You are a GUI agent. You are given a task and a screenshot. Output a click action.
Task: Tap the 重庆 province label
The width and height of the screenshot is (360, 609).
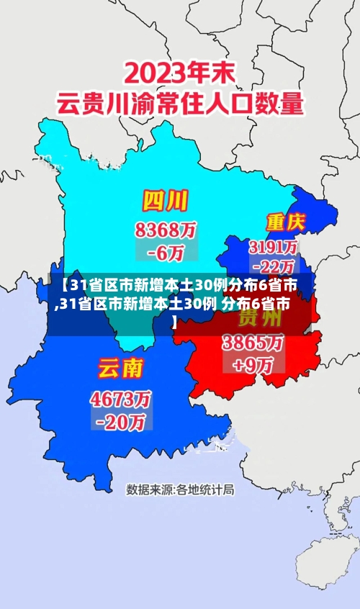286,221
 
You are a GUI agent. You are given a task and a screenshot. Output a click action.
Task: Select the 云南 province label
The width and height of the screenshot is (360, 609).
120,369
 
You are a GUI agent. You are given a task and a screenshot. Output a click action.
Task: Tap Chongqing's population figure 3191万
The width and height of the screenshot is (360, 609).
273,247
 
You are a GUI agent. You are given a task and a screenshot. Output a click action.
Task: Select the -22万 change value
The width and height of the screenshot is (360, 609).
274,265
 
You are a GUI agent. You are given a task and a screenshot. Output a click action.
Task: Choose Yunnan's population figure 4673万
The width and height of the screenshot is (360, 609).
120,397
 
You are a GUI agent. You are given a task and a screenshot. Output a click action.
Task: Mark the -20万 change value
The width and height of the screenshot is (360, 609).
120,421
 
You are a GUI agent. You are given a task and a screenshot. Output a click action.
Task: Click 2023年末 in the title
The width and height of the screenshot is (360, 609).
181,73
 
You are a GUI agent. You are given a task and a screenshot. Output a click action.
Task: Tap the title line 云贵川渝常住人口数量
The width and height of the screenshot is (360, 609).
180,103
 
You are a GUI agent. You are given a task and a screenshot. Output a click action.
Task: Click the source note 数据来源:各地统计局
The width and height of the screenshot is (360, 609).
180,490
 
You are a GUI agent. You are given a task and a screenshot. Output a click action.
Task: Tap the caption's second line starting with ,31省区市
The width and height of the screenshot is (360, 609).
173,302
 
